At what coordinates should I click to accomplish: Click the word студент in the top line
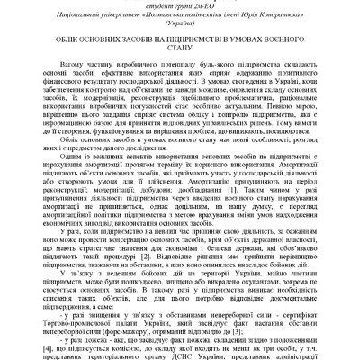pyautogui.click(x=158, y=4)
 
